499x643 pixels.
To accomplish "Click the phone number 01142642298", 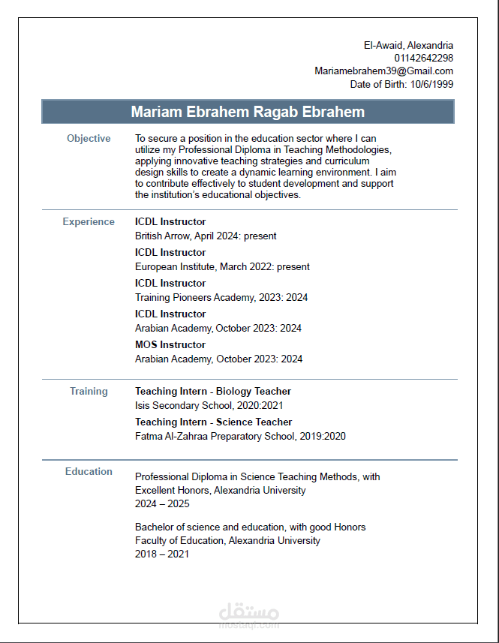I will tap(423, 58).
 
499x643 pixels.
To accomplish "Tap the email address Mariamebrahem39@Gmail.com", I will tap(383, 71).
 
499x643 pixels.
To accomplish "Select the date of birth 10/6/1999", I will tap(431, 84).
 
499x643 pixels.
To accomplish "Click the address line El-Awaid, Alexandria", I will tap(408, 45).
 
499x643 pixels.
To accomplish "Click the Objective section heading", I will tap(89, 138).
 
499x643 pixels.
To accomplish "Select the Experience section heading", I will tap(89, 221).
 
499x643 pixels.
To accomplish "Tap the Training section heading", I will tap(89, 391).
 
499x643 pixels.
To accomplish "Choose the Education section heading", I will tap(89, 471).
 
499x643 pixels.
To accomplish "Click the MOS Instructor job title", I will tap(170, 344).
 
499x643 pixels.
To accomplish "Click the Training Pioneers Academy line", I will tap(221, 297).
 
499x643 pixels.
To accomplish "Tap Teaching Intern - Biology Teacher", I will tap(212, 391).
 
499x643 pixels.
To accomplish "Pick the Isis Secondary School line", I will tap(204, 405).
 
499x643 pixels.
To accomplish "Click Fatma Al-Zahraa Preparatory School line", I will tap(240, 436).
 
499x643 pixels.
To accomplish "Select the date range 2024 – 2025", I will tap(162, 504).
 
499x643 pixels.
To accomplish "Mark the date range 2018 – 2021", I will tap(162, 554).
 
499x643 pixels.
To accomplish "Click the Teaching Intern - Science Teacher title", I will tap(213, 422).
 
